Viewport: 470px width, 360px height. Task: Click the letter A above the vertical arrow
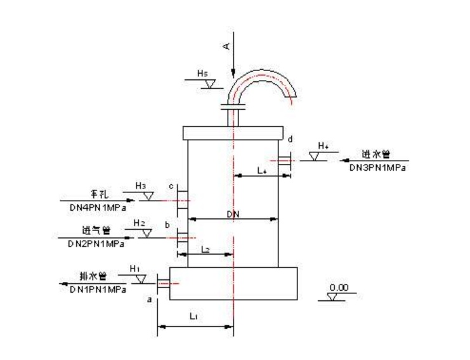(x=227, y=46)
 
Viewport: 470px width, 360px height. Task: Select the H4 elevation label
(x=323, y=146)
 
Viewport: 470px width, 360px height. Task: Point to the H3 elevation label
(x=140, y=186)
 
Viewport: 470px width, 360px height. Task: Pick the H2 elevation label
(x=139, y=223)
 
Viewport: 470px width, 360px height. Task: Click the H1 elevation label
(x=134, y=269)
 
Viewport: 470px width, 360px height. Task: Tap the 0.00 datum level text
(x=341, y=288)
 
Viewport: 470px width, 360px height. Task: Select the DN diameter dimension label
(x=234, y=215)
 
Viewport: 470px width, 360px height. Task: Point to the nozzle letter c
(x=171, y=186)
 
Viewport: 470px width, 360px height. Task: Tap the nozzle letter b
(x=167, y=225)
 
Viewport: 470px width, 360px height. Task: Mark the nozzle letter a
(x=150, y=299)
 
